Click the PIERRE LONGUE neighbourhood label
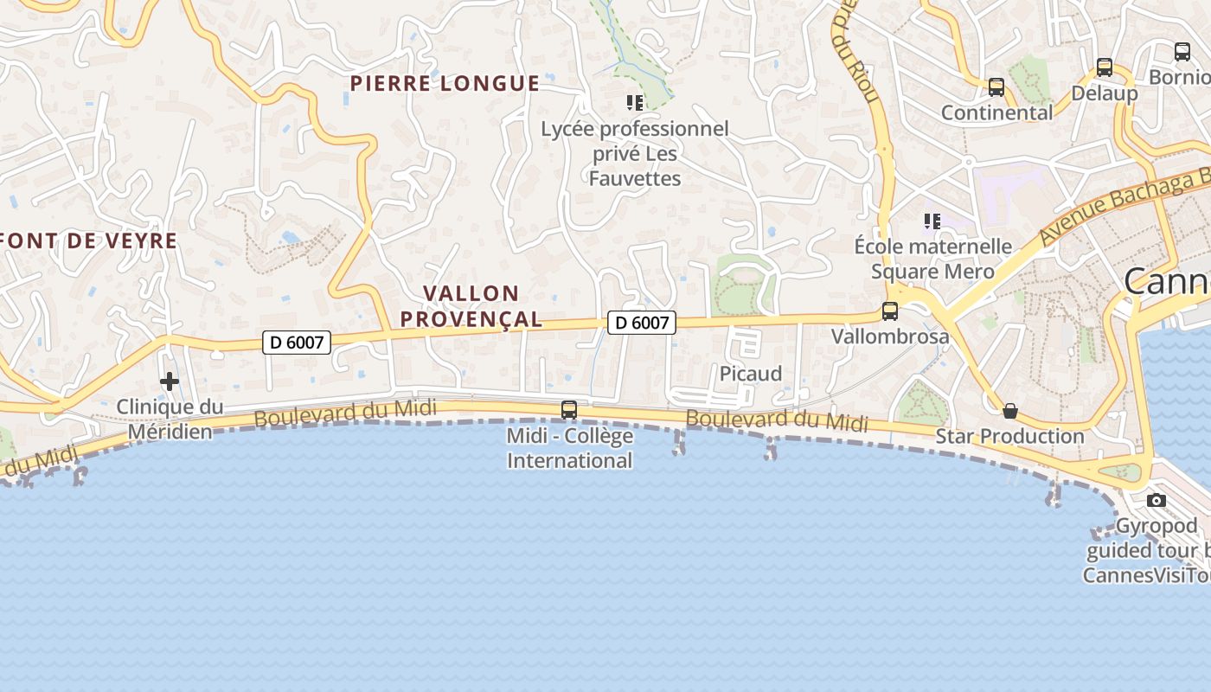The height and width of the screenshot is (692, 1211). point(445,84)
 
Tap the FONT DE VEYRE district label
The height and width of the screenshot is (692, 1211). point(89,241)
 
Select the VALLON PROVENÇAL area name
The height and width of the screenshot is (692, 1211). point(472,306)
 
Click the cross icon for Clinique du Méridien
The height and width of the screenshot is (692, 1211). point(170,381)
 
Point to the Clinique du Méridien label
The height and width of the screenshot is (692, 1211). point(170,419)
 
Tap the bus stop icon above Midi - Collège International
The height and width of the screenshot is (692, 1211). point(569,409)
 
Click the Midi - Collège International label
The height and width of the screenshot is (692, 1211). point(569,448)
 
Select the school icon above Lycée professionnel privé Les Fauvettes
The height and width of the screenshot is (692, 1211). point(635,103)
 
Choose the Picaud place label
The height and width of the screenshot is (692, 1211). point(751,374)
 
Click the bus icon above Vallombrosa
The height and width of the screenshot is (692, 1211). point(889,311)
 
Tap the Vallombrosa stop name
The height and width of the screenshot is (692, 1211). point(890,336)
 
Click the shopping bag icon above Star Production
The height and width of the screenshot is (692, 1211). point(1009,411)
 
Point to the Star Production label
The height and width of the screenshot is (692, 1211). point(1009,436)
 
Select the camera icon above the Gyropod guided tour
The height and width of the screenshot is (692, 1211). point(1156,500)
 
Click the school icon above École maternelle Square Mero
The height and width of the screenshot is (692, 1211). point(932,221)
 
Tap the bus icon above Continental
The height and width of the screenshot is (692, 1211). point(996,87)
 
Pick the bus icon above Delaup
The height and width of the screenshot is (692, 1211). point(1104,67)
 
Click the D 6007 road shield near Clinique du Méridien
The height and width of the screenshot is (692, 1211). point(297,343)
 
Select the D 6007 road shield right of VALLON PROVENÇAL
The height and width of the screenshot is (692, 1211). point(641,323)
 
